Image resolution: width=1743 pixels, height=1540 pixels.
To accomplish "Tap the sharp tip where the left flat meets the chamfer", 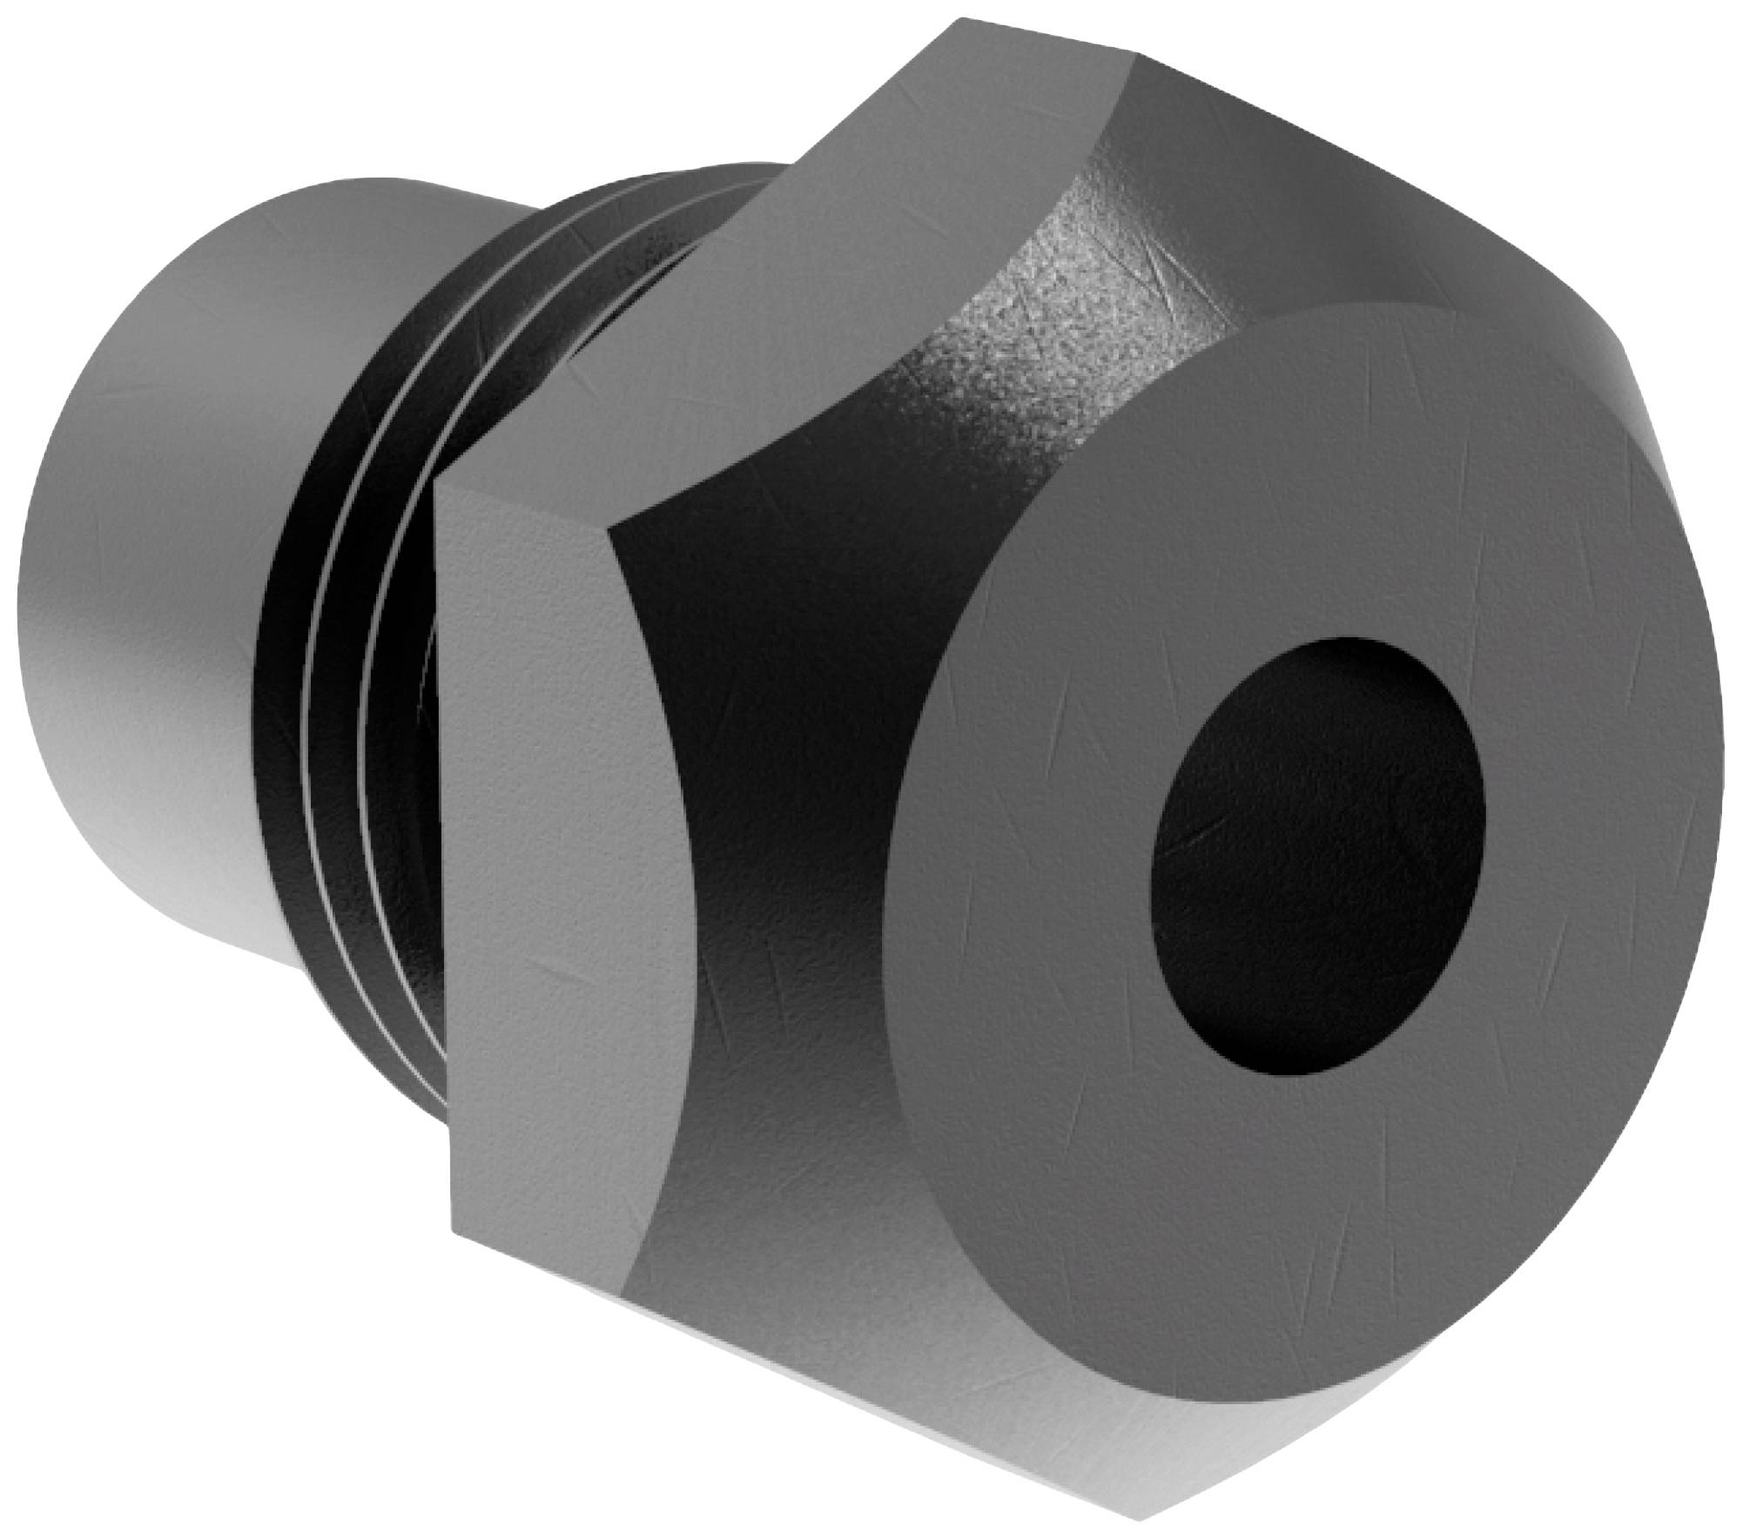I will click(x=615, y=527).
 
